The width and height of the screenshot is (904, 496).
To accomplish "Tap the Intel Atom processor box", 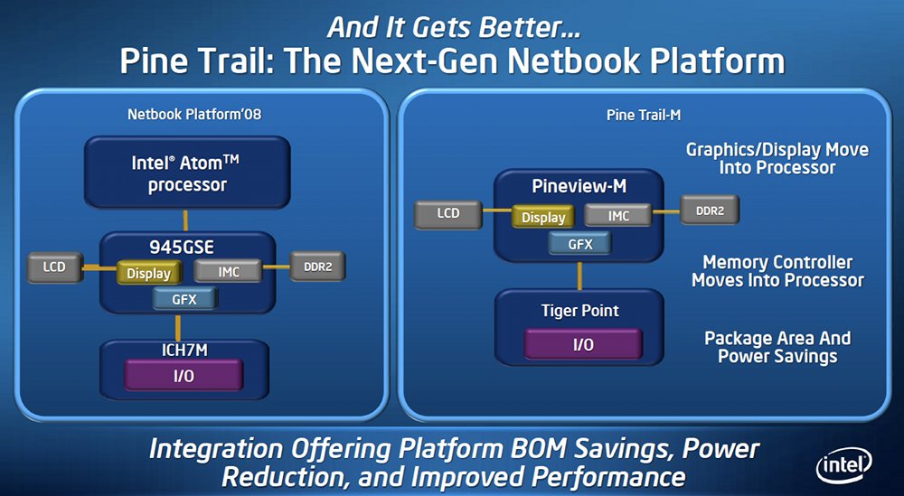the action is [187, 173].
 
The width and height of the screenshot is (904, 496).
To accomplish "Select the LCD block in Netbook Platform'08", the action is [55, 267].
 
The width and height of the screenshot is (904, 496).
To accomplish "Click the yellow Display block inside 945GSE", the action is [149, 273].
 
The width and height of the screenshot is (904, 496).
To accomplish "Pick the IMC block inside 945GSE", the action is [229, 271].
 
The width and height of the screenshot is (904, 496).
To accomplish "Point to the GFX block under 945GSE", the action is [185, 299].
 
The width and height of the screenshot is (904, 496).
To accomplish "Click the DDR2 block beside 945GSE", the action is [317, 267].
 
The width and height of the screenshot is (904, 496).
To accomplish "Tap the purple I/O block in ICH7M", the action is [184, 375].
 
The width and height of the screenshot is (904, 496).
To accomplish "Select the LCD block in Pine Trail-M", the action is [448, 214].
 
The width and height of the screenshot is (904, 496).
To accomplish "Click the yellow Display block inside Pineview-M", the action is [543, 217].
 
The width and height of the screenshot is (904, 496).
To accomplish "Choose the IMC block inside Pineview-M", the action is [618, 216].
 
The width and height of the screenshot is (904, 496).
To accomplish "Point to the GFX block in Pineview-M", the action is [580, 244].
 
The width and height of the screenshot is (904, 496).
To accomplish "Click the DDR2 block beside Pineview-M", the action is [709, 211].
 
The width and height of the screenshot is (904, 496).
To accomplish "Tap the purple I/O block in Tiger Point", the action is [583, 344].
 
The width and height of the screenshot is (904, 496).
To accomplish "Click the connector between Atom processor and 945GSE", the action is [185, 220].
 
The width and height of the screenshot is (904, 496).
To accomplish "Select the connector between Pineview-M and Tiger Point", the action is [580, 276].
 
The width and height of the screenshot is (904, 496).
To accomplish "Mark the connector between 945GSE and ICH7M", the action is [178, 327].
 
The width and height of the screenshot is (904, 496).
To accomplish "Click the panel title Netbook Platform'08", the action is [194, 114].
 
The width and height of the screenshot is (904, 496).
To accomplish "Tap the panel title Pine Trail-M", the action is [644, 116].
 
